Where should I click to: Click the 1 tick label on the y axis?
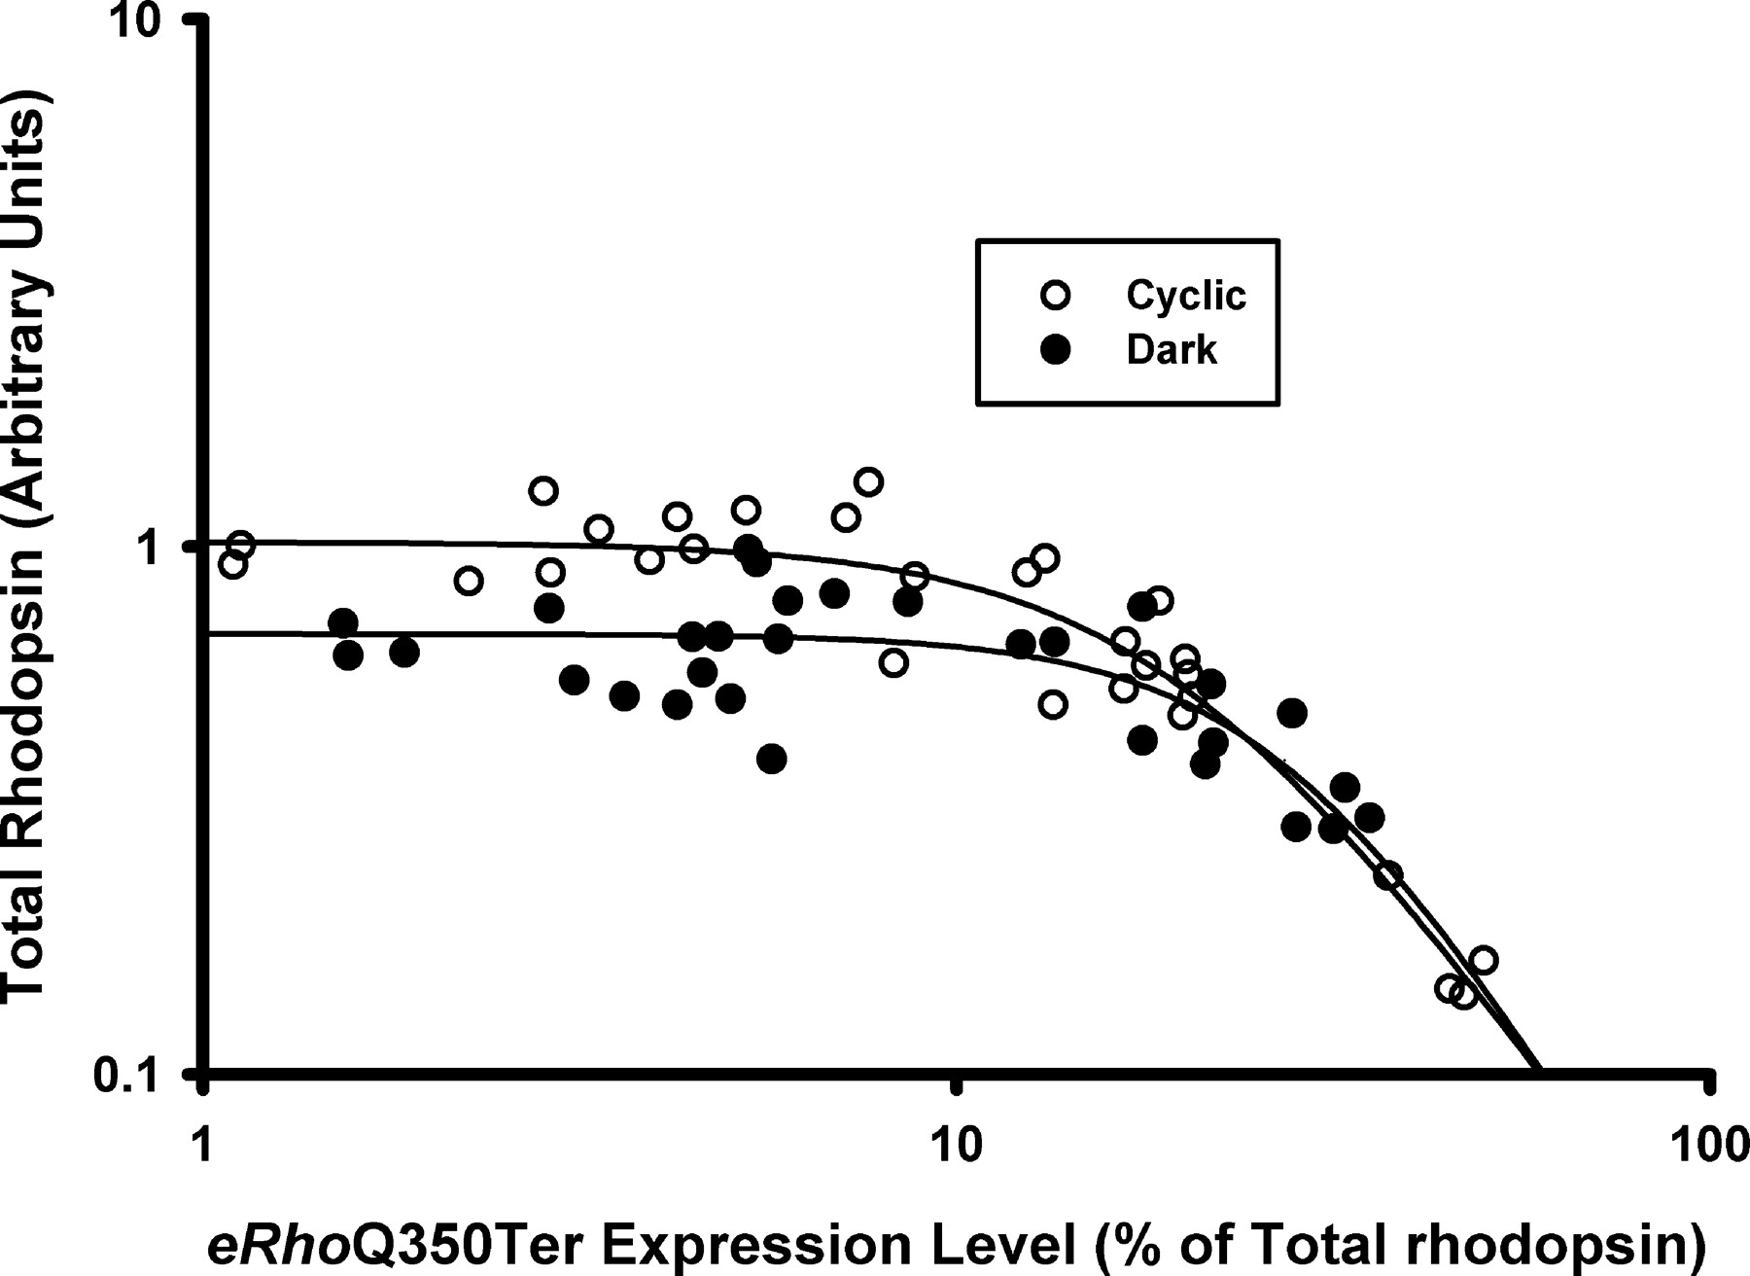tap(146, 548)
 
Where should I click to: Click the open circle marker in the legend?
tap(1055, 295)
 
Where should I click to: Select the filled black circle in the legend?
tap(1055, 349)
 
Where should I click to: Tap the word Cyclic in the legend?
tap(1185, 295)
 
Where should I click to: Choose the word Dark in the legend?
tap(1171, 349)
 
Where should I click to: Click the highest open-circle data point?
tap(868, 481)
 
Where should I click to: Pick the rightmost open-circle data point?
tap(1483, 960)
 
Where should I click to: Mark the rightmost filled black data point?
tap(1369, 818)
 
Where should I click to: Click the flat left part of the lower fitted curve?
tap(389, 634)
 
